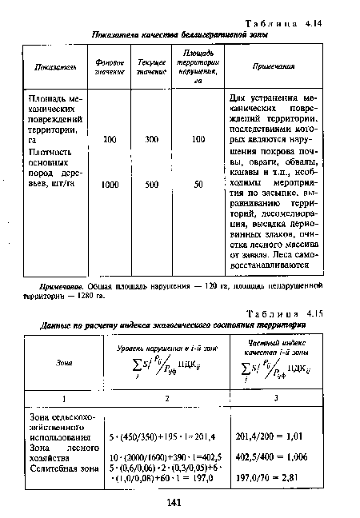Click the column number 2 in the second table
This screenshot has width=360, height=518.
pos(164,396)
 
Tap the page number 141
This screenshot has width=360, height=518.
pos(178,503)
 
